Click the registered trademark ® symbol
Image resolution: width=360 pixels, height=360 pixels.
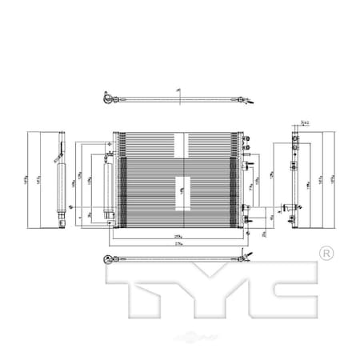tap(326, 254)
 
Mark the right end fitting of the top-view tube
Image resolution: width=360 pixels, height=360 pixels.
tap(245, 98)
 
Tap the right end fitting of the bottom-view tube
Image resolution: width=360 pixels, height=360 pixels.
tap(245, 257)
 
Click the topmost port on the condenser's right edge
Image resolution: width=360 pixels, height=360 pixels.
tap(250, 166)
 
